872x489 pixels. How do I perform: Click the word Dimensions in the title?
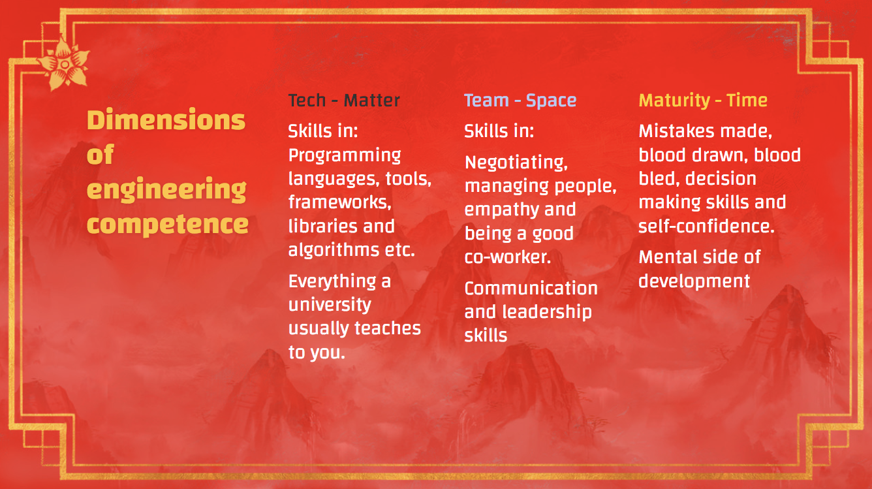(x=166, y=119)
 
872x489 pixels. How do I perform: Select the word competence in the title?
(x=167, y=225)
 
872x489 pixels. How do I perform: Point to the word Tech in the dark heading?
(x=307, y=101)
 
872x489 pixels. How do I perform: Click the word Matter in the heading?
(x=372, y=101)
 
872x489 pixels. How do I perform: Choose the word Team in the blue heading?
(x=487, y=101)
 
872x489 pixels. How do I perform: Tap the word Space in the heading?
(x=552, y=101)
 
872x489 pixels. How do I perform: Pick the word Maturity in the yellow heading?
(x=675, y=101)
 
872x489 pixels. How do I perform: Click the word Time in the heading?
(x=747, y=101)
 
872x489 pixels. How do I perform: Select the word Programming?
(x=345, y=156)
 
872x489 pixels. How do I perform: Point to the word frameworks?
(x=340, y=202)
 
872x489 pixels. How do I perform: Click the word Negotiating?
(x=516, y=163)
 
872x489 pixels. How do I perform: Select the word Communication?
(x=531, y=289)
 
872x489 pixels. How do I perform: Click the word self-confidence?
(x=707, y=227)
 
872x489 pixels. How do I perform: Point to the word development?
(x=694, y=282)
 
